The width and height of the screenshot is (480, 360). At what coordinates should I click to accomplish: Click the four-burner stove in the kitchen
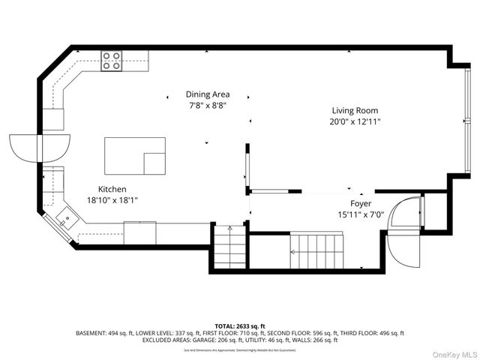(112, 61)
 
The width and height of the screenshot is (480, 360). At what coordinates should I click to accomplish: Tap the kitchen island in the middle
(133, 155)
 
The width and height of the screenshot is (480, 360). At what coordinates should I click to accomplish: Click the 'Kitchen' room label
(112, 189)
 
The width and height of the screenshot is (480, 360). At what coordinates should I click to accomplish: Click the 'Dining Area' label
(208, 94)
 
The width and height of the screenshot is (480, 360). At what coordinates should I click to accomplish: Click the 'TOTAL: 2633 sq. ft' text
(240, 325)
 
